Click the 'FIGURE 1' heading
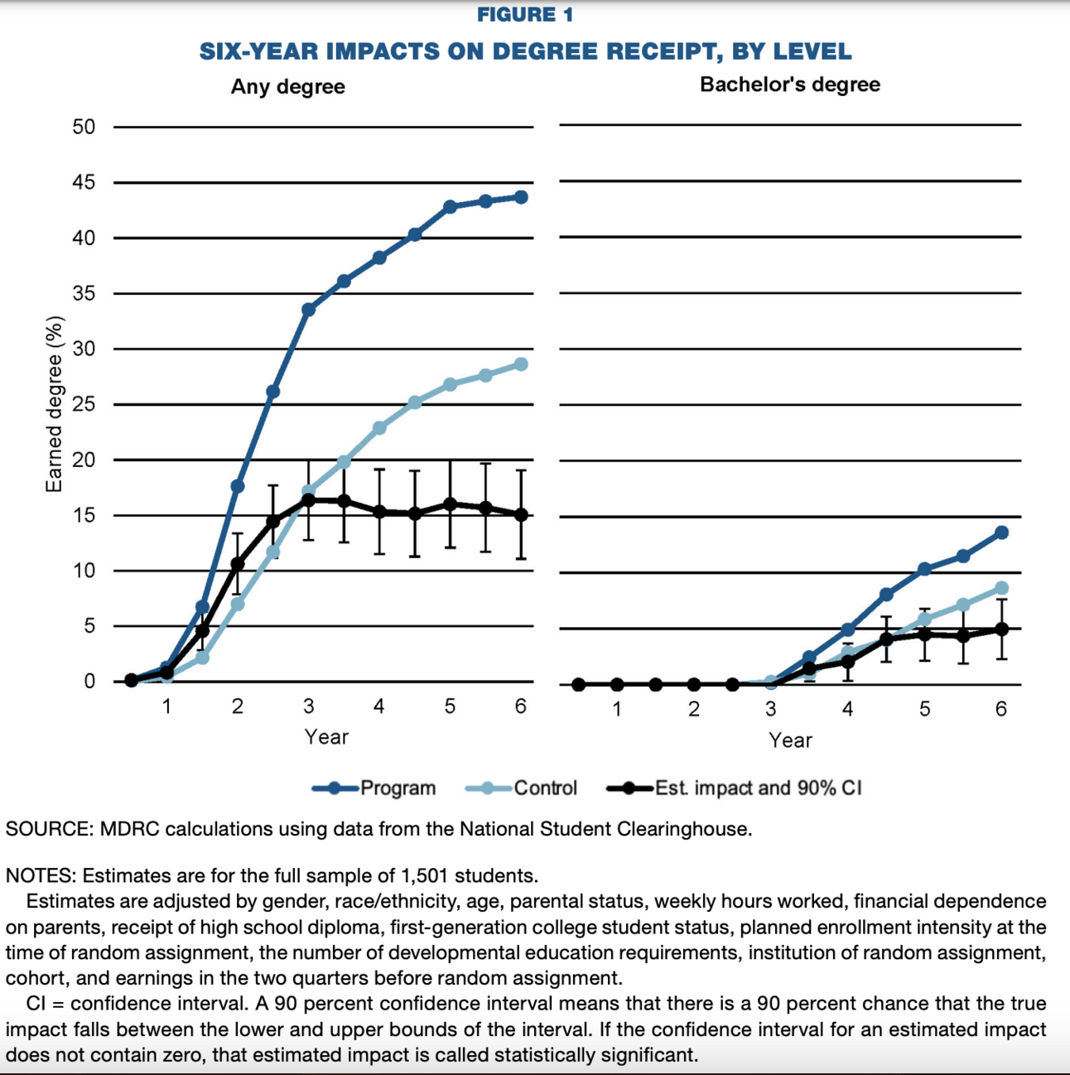(x=525, y=15)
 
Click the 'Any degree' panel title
(x=287, y=87)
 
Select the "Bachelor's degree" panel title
(x=789, y=84)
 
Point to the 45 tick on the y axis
(x=84, y=182)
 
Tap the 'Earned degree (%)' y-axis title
(x=55, y=404)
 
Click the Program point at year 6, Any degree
(x=521, y=197)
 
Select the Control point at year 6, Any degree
(x=521, y=364)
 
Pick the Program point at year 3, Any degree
(x=308, y=310)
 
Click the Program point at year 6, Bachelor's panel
(x=1001, y=533)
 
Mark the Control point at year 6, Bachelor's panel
(x=1001, y=589)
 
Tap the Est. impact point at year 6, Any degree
(x=521, y=514)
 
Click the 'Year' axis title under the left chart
(x=325, y=736)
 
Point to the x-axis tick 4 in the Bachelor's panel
(x=847, y=709)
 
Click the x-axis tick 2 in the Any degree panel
(x=237, y=706)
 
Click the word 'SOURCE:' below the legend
(x=50, y=829)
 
